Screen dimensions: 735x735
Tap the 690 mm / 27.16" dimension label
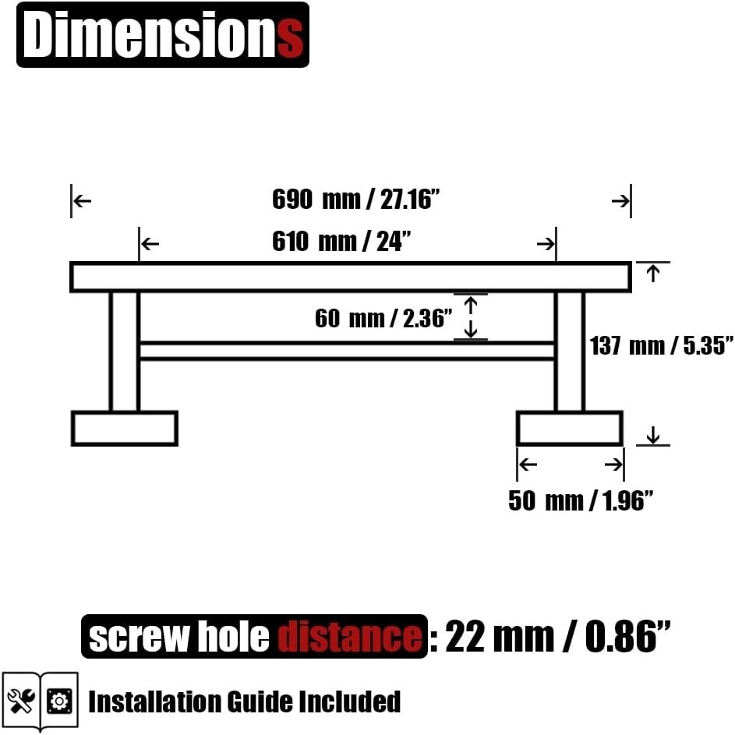(x=355, y=200)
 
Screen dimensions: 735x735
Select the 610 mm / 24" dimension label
(x=341, y=242)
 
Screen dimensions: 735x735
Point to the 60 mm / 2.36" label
(x=383, y=318)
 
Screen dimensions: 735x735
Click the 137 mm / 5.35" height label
(x=661, y=345)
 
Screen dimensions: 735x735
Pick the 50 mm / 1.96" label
(x=581, y=500)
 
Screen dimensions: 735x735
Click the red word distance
(x=349, y=637)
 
